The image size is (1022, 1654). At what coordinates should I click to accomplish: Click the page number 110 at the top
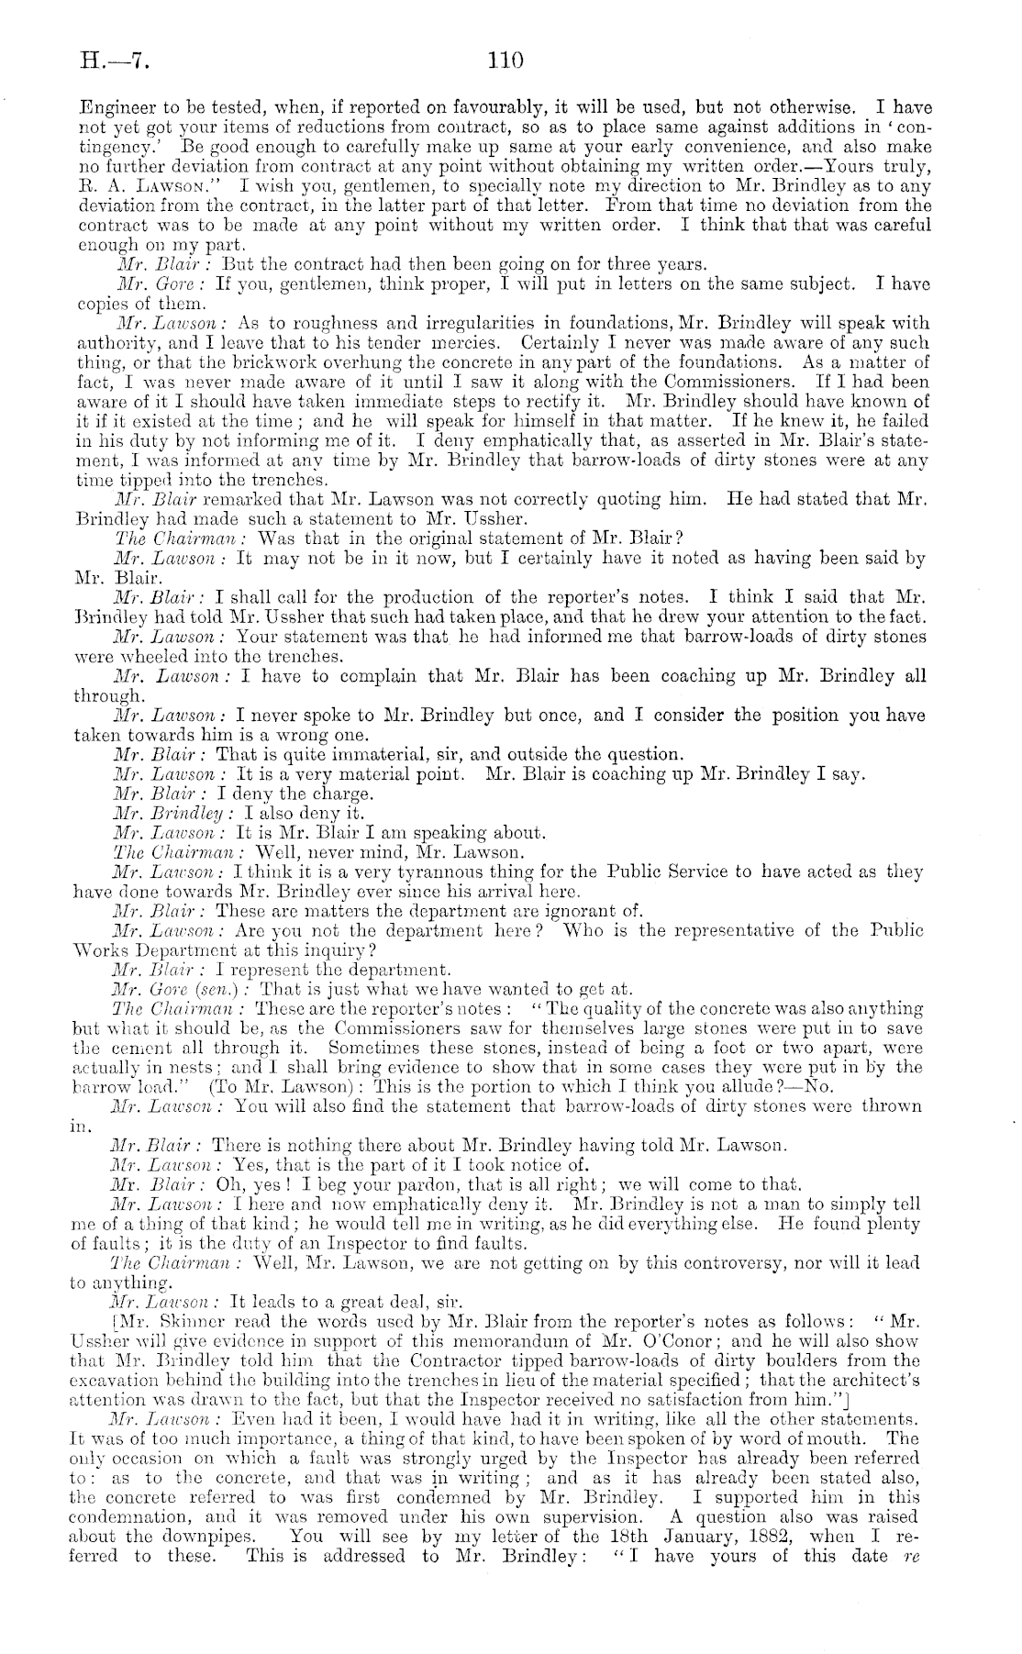click(x=505, y=61)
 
